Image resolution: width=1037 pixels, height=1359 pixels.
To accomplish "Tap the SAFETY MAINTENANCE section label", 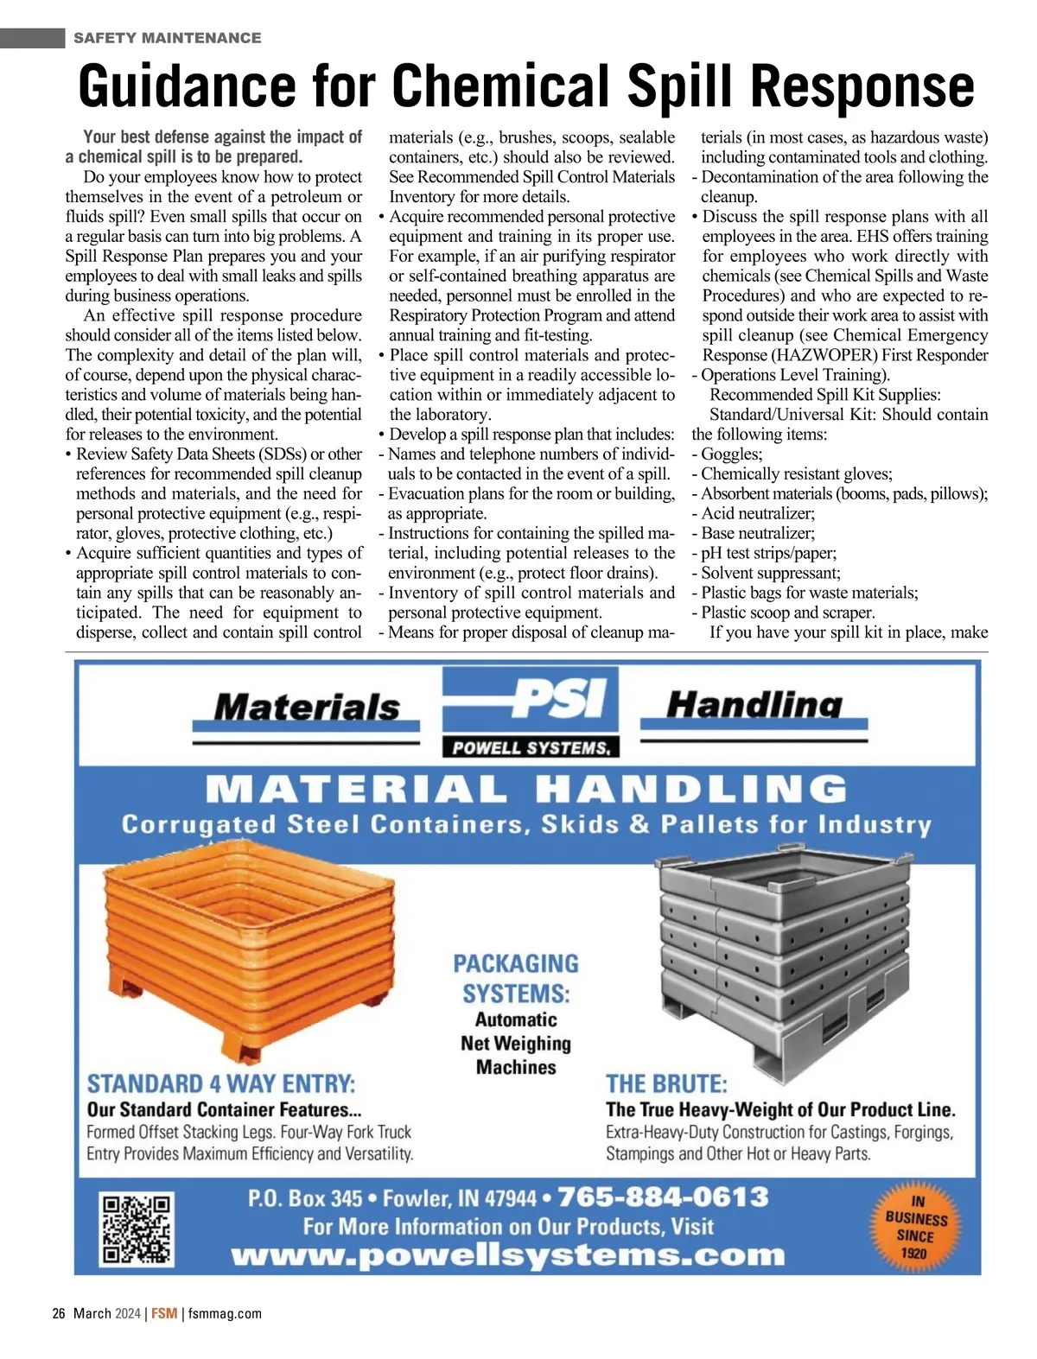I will click(167, 38).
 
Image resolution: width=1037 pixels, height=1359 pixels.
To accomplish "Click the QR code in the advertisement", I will click(137, 1229).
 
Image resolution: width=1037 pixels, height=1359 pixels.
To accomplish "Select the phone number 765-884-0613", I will click(663, 1197).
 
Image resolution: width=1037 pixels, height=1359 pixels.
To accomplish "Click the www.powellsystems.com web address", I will click(508, 1255).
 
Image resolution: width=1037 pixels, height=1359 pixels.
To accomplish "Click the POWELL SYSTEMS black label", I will click(531, 748).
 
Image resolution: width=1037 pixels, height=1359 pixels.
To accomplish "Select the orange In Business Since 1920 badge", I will click(915, 1227).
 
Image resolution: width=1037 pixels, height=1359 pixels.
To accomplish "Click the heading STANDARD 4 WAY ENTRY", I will click(221, 1084).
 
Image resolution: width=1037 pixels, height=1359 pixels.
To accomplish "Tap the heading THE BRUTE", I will click(666, 1084).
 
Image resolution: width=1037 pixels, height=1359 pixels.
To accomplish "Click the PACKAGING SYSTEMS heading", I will click(516, 978).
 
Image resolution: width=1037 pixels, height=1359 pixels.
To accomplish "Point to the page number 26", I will click(59, 1313).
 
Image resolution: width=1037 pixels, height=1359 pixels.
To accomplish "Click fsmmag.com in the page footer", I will click(225, 1313).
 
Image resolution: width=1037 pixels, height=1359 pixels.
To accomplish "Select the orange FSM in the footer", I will click(164, 1313).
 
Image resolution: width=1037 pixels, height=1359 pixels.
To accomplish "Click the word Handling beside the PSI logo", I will click(754, 705).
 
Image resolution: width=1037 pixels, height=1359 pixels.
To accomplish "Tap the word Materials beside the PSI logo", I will click(306, 708).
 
